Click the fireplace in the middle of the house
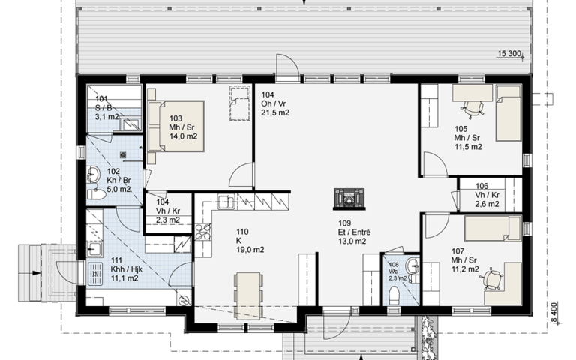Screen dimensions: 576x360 pos(349,199)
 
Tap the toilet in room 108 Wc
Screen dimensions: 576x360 pos(394,295)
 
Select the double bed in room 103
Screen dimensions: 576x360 pos(175,126)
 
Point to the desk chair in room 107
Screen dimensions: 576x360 pos(491,280)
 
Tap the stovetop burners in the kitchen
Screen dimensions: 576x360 pos(202,232)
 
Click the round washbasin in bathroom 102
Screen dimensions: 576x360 pos(93,175)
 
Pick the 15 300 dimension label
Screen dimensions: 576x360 pos(509,54)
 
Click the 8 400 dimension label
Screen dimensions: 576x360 pos(555,313)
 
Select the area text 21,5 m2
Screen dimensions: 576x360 pos(275,112)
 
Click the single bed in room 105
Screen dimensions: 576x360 pos(508,112)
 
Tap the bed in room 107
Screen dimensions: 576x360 pos(493,229)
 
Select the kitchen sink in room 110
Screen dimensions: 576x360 pos(226,202)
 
